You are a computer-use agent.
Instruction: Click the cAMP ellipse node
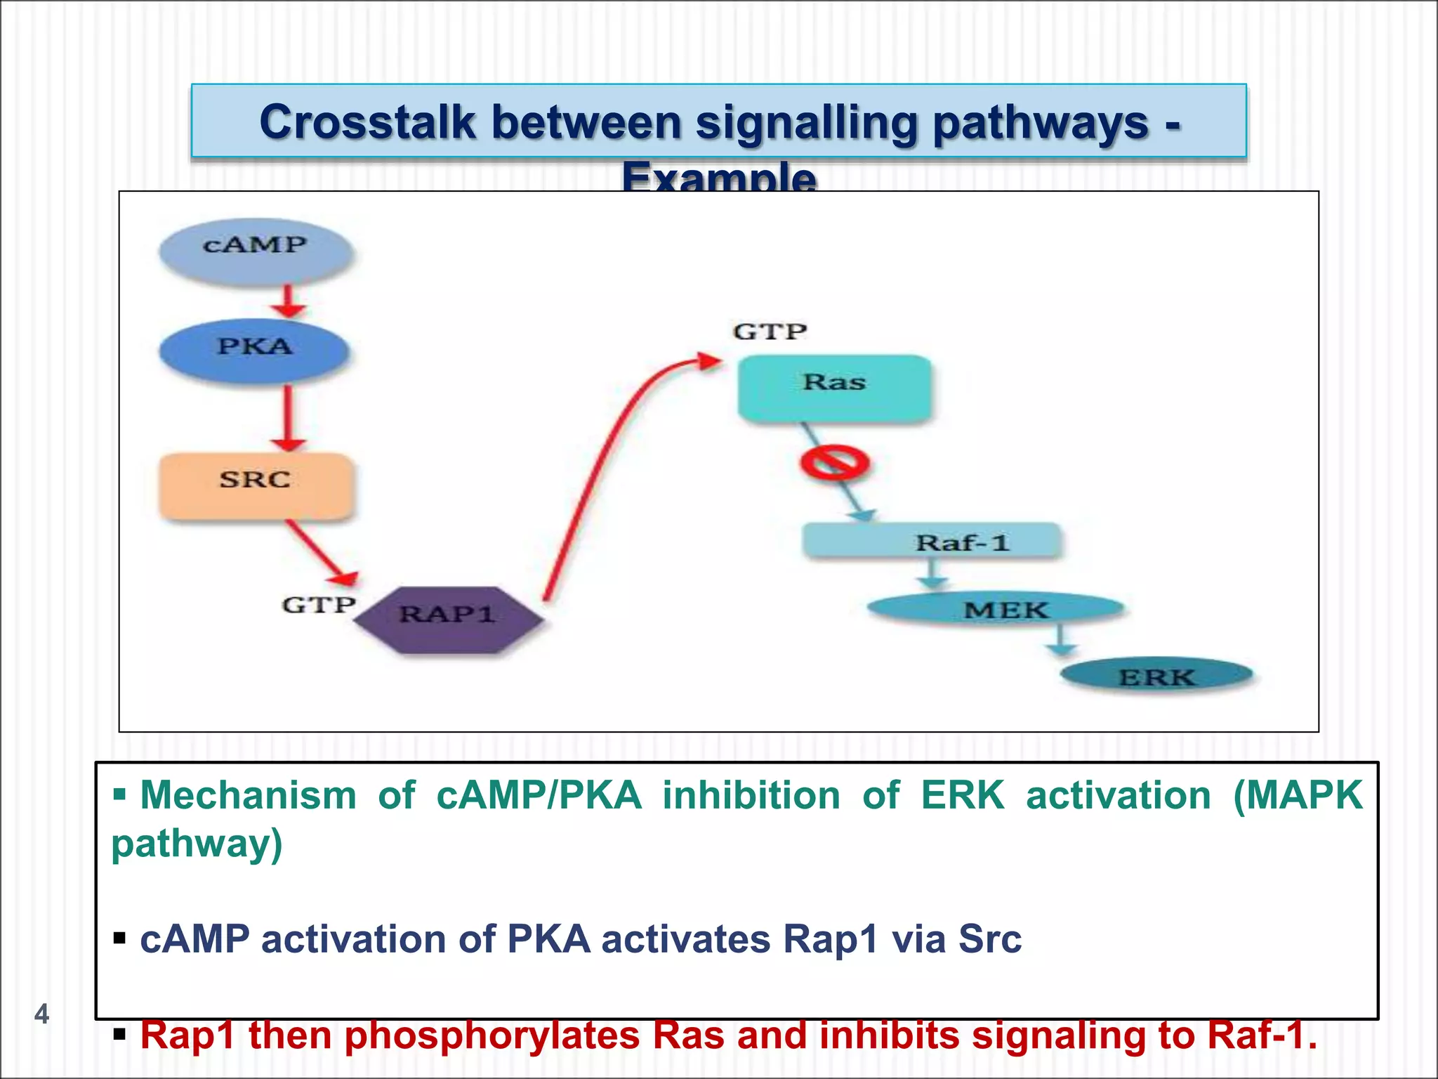[256, 250]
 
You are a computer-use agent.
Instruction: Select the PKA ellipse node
[254, 350]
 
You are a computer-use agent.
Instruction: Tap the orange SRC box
[256, 485]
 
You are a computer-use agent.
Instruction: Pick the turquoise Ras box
[834, 388]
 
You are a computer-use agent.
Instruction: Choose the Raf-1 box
[932, 541]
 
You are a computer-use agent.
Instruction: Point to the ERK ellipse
[1156, 676]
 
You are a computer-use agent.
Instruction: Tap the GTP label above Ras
[770, 332]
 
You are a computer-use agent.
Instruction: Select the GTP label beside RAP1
[318, 605]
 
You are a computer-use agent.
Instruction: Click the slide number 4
[41, 1014]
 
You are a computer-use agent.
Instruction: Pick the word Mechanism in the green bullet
[248, 796]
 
